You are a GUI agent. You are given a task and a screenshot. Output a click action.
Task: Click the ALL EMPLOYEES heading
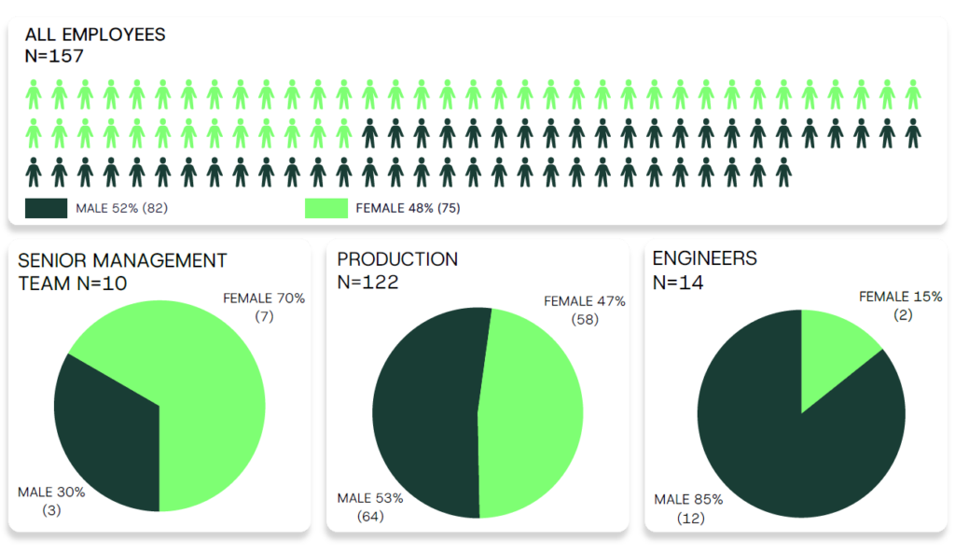coord(95,35)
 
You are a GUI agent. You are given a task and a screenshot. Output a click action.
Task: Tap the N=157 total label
coord(54,56)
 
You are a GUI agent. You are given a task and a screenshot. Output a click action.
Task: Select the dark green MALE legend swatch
coord(46,208)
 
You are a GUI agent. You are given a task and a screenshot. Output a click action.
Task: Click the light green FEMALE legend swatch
coord(326,208)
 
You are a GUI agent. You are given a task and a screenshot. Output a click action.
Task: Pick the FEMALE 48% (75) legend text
coord(408,208)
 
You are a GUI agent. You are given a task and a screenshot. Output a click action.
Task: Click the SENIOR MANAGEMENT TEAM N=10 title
coord(122,271)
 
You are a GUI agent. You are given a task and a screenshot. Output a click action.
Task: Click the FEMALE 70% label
coord(264,298)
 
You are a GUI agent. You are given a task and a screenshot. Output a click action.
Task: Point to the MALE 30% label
coord(52,492)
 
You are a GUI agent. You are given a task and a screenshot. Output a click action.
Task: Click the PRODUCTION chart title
coord(397,259)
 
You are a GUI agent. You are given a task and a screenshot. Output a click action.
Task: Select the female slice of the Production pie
coord(532,410)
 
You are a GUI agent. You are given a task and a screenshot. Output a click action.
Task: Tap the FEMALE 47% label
coord(585,301)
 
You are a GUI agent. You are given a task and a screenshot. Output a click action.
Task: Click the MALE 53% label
coord(370,498)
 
